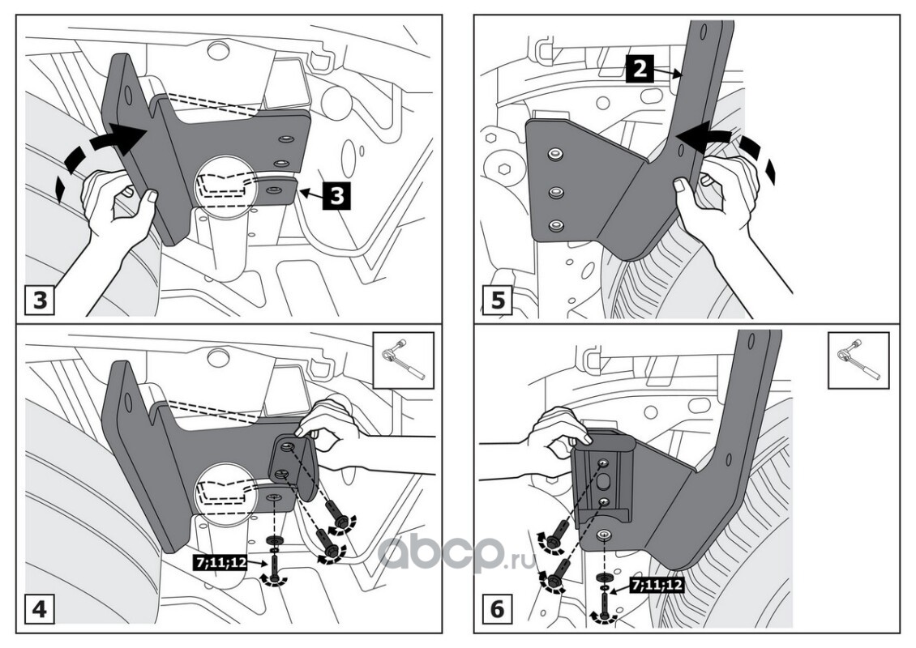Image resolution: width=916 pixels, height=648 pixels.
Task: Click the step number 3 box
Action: pos(40,301)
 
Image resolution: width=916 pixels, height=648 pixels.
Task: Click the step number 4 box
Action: pos(40,609)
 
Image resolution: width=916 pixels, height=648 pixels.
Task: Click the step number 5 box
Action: pos(497,301)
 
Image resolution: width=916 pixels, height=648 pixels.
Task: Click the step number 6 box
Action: pos(497,609)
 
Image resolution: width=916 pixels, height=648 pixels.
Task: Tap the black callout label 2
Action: pos(640,70)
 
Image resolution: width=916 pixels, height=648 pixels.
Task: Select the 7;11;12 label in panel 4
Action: pos(221,561)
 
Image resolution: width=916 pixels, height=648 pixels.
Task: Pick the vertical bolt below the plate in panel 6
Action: pos(606,603)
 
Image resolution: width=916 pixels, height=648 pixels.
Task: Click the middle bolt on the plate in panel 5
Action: pos(554,192)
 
